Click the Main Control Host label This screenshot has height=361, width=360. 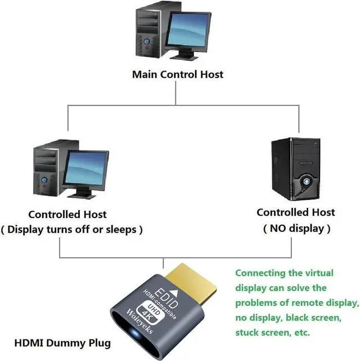(x=178, y=74)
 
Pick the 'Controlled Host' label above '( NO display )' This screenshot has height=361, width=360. (x=295, y=212)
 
